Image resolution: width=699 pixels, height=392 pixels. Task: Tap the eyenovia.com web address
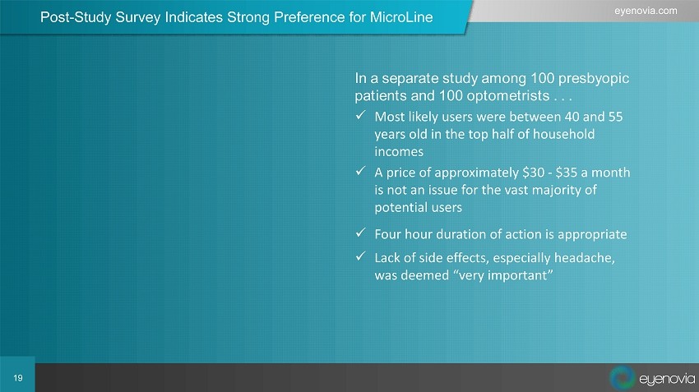click(645, 11)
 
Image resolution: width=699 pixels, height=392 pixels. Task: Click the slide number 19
click(18, 378)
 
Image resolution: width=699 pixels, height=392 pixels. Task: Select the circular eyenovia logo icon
click(622, 377)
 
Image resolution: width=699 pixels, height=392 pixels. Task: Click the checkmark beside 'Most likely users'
click(361, 115)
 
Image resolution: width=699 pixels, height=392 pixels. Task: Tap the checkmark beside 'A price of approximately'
click(361, 171)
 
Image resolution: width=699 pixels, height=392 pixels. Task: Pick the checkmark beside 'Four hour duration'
click(361, 233)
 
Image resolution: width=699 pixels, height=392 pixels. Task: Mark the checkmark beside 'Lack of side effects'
click(361, 256)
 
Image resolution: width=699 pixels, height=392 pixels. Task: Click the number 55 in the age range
click(615, 117)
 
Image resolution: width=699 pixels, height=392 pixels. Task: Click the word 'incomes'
click(399, 151)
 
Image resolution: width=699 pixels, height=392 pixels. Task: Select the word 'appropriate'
click(592, 235)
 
